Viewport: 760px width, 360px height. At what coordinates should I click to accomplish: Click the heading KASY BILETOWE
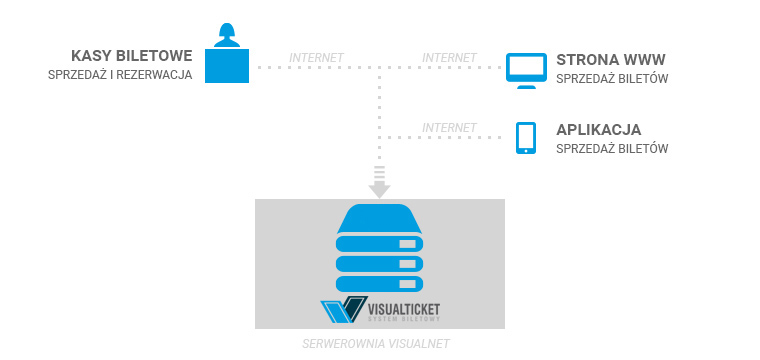pyautogui.click(x=131, y=56)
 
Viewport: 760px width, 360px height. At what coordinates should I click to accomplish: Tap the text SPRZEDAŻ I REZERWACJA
pyautogui.click(x=120, y=78)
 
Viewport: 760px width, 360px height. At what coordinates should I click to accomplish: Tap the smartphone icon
pyautogui.click(x=524, y=138)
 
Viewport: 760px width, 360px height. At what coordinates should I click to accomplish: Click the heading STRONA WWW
pyautogui.click(x=609, y=59)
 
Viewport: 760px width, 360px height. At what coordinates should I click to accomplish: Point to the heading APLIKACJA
pyautogui.click(x=598, y=130)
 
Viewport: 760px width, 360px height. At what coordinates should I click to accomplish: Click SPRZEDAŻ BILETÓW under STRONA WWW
pyautogui.click(x=612, y=79)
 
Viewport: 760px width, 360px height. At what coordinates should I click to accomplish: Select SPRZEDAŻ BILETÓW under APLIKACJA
pyautogui.click(x=612, y=149)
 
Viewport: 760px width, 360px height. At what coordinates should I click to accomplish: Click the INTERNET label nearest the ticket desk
pyautogui.click(x=316, y=57)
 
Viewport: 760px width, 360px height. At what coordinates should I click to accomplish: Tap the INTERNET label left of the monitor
pyautogui.click(x=449, y=57)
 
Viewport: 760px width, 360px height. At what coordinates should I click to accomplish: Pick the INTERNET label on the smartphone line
pyautogui.click(x=449, y=127)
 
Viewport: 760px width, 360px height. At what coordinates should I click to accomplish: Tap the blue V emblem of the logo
pyautogui.click(x=338, y=311)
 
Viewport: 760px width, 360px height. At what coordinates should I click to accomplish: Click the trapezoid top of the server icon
pyautogui.click(x=380, y=218)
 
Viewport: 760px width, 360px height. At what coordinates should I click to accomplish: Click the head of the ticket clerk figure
pyautogui.click(x=225, y=31)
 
